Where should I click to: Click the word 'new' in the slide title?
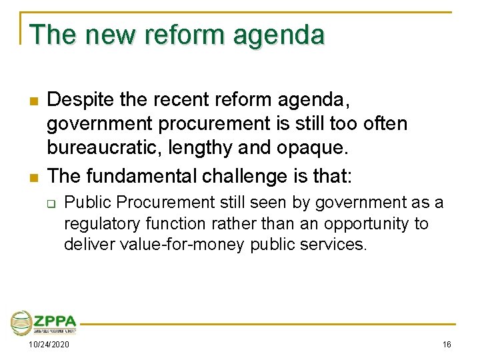click(x=106, y=35)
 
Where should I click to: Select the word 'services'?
click(x=335, y=245)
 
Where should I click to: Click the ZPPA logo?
click(x=44, y=323)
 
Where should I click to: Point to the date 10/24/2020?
click(x=48, y=345)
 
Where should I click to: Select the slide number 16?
click(x=446, y=345)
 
